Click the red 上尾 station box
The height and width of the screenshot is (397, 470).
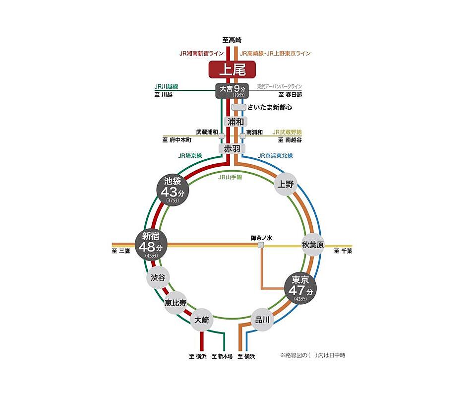233,69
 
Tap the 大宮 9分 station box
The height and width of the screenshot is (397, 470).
232,91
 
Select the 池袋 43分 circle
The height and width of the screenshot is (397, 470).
173,190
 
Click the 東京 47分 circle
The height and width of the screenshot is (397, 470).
300,288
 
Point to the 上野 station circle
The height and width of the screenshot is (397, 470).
286,184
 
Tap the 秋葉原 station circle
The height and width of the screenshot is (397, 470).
313,245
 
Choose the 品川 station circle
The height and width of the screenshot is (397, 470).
262,320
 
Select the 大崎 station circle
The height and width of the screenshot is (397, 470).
202,320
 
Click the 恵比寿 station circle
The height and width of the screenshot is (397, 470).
176,303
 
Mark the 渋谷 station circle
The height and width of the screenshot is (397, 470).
158,277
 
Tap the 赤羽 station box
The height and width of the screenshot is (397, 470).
232,148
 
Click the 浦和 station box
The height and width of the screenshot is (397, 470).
235,122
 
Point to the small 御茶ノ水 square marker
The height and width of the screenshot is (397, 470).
261,245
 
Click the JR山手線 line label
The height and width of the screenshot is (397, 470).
230,177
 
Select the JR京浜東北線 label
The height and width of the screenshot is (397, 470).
275,156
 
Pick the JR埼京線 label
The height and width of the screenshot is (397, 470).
190,156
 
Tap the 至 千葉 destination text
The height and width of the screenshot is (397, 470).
343,251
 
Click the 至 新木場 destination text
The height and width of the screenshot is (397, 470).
222,356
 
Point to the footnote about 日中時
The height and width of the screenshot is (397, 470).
313,355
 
